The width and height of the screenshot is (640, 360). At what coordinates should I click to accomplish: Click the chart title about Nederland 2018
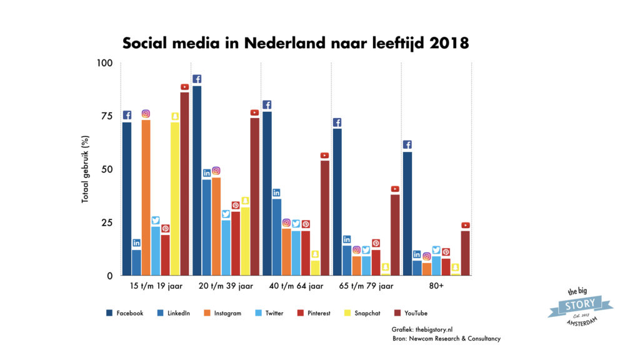295,43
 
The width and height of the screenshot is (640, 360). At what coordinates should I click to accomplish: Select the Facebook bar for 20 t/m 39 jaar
197,181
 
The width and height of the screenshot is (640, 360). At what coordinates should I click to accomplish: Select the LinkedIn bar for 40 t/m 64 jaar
276,237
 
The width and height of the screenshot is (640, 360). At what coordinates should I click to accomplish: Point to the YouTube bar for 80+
466,253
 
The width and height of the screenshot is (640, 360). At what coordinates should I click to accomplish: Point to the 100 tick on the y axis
104,63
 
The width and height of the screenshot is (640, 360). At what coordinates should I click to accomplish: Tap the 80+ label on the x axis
436,286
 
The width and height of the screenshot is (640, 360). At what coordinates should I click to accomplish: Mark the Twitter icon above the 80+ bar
436,251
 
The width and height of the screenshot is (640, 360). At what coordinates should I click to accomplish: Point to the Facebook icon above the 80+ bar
407,144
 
